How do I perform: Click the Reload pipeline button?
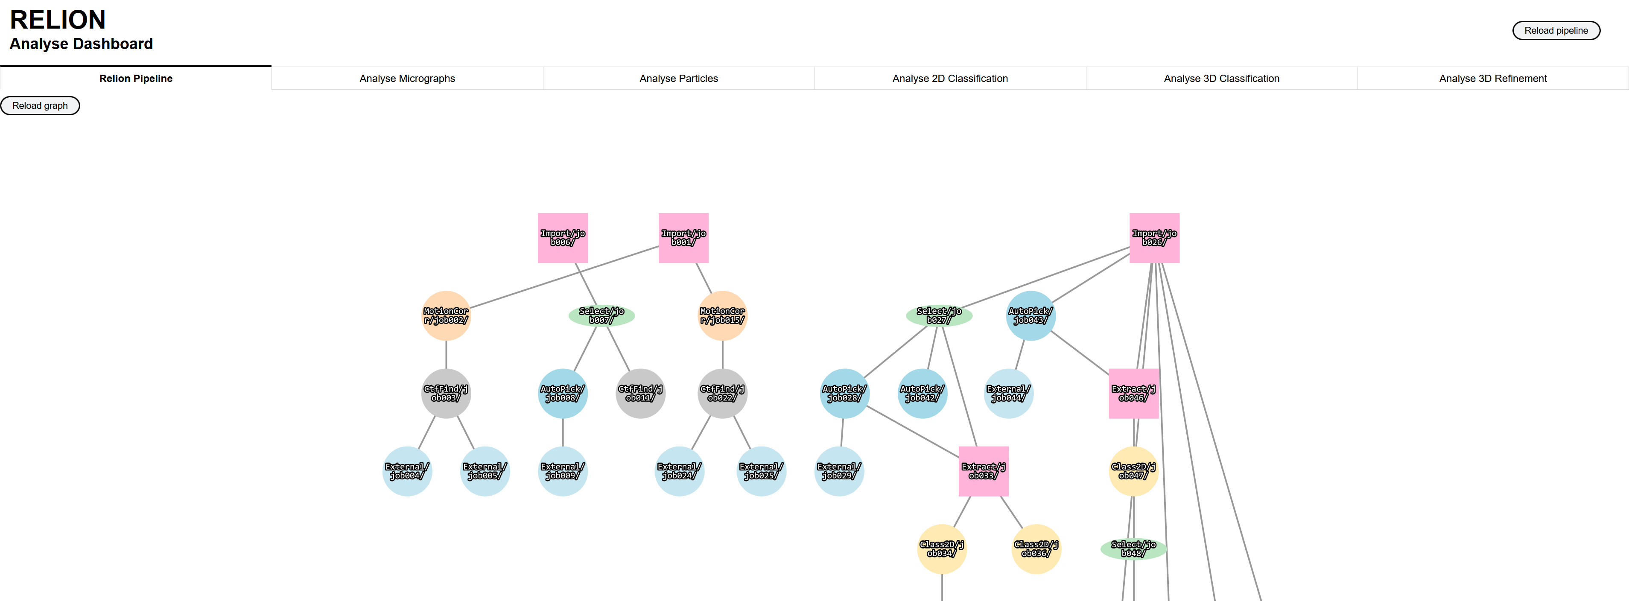(1556, 30)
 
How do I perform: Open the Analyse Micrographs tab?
(407, 79)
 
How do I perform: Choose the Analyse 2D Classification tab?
(949, 79)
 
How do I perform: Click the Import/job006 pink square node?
(562, 238)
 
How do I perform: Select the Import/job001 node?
(683, 238)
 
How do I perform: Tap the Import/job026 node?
(1154, 238)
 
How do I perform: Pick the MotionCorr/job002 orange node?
(446, 316)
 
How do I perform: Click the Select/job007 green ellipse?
(601, 316)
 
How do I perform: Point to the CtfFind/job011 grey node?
(640, 394)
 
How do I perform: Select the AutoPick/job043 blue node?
(1030, 316)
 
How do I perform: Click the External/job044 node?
(1009, 394)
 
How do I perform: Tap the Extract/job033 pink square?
(984, 471)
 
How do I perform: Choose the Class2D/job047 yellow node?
(1133, 471)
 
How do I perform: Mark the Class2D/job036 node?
(1036, 549)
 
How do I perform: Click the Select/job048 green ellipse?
(1133, 549)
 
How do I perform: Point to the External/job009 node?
(562, 471)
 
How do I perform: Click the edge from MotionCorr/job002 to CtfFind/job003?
(446, 354)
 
